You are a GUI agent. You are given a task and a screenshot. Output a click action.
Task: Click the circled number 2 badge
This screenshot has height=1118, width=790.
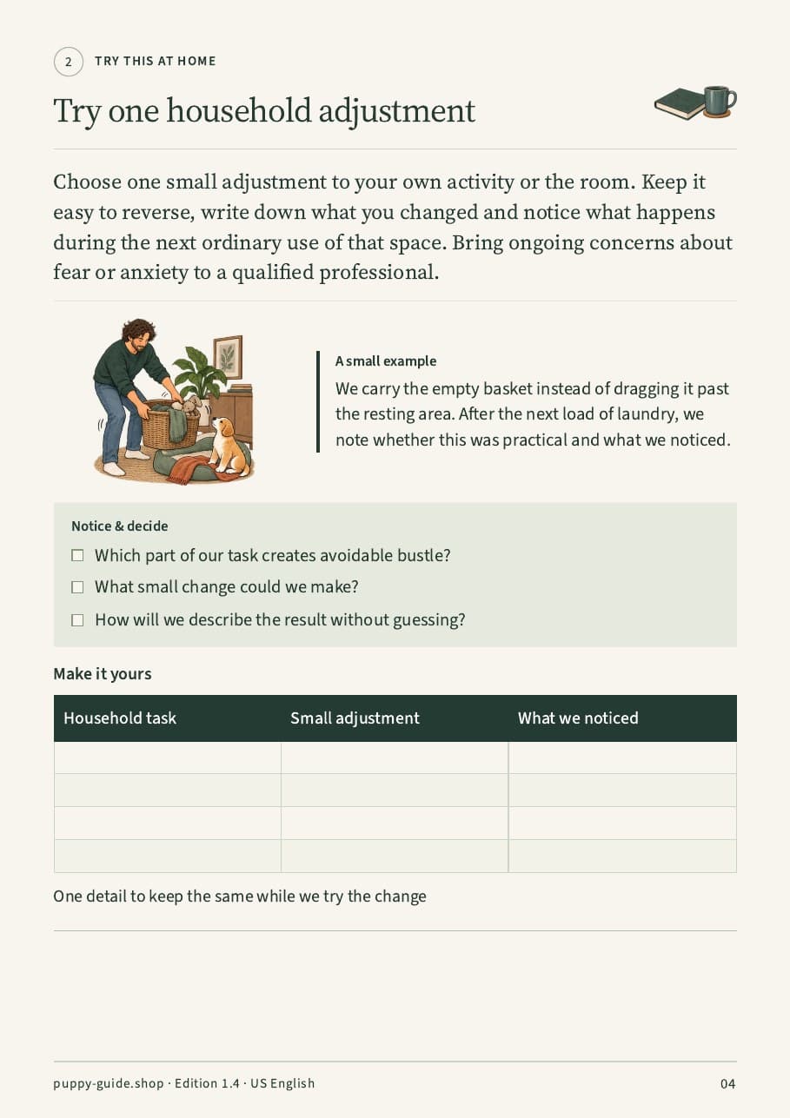[69, 62]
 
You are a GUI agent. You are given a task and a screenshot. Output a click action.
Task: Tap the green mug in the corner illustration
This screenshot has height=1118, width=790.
[719, 101]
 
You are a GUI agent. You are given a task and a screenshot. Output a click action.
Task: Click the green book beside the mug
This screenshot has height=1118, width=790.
[679, 104]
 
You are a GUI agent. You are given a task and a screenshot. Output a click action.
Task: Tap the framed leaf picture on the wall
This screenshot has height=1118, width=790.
[229, 357]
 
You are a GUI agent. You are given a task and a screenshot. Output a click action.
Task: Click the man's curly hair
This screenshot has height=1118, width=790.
[138, 329]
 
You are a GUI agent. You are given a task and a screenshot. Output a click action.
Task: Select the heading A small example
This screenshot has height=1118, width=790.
[386, 361]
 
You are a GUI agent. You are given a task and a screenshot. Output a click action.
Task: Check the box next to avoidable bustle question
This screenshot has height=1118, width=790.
[77, 555]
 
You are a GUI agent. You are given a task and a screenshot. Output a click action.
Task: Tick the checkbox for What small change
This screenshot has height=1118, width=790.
[77, 587]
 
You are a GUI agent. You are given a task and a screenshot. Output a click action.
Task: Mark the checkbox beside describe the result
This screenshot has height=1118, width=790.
[77, 620]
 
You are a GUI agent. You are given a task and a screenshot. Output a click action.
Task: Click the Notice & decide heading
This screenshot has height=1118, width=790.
[119, 526]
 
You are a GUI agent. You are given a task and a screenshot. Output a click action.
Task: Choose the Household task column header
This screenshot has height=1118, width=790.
[120, 718]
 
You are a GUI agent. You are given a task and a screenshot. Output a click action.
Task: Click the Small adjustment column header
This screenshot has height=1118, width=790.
[355, 718]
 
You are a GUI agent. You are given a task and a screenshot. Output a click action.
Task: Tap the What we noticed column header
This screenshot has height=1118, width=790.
[578, 718]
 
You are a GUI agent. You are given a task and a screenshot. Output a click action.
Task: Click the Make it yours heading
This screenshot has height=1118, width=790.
[103, 674]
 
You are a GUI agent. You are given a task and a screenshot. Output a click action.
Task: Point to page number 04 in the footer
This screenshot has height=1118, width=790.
[727, 1083]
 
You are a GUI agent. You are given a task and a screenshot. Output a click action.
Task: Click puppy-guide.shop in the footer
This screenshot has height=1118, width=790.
[109, 1083]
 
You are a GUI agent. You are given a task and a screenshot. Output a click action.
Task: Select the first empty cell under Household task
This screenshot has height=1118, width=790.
[167, 757]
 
